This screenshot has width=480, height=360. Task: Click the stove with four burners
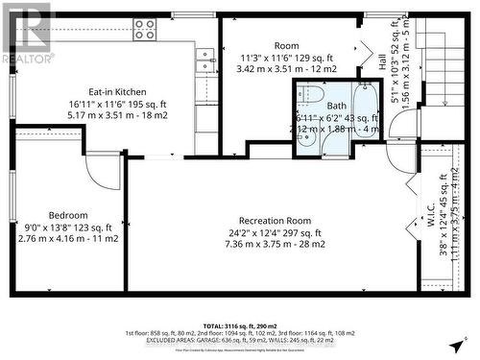point(145,29)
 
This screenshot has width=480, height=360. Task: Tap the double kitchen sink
point(207,60)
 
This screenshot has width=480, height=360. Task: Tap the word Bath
point(336,107)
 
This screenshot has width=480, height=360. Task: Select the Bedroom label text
point(68,215)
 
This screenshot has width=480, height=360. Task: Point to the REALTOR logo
point(26,34)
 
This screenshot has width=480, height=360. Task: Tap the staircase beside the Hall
point(444,77)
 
